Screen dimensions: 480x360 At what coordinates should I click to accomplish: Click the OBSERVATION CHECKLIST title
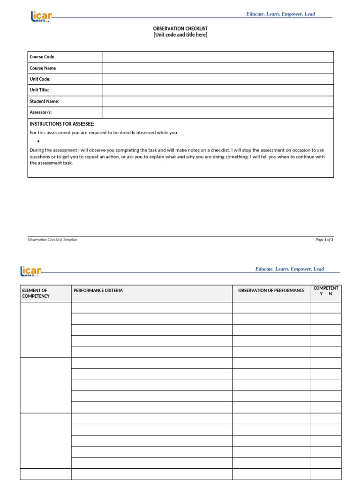point(180,29)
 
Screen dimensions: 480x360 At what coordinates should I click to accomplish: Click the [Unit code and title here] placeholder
point(180,35)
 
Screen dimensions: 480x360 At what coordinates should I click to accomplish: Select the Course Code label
point(42,57)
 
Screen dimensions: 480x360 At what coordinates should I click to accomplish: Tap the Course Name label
point(43,68)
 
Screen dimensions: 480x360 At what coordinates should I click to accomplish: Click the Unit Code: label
point(40,79)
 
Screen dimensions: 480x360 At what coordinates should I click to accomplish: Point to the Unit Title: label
point(39,90)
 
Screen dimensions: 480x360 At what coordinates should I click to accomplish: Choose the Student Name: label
point(44,101)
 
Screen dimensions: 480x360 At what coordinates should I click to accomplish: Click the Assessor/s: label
point(41,112)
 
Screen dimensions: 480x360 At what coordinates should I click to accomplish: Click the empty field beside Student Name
point(217,101)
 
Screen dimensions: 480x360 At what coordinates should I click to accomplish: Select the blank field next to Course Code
point(217,57)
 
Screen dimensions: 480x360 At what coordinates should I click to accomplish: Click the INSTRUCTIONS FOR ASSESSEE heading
point(62,124)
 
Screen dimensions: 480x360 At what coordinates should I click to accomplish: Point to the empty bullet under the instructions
point(37,141)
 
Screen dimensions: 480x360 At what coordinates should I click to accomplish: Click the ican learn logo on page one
point(41,17)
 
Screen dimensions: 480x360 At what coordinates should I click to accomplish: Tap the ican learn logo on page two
point(30,271)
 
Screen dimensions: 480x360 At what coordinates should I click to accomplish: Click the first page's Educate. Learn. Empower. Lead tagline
point(280,14)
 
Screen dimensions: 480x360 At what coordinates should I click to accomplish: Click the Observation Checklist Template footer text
point(52,240)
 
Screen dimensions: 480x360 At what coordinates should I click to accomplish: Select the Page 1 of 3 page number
point(324,240)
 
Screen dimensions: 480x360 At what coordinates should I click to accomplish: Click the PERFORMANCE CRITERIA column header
point(98,291)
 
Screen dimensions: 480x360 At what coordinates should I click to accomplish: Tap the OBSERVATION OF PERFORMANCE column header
point(271,291)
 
